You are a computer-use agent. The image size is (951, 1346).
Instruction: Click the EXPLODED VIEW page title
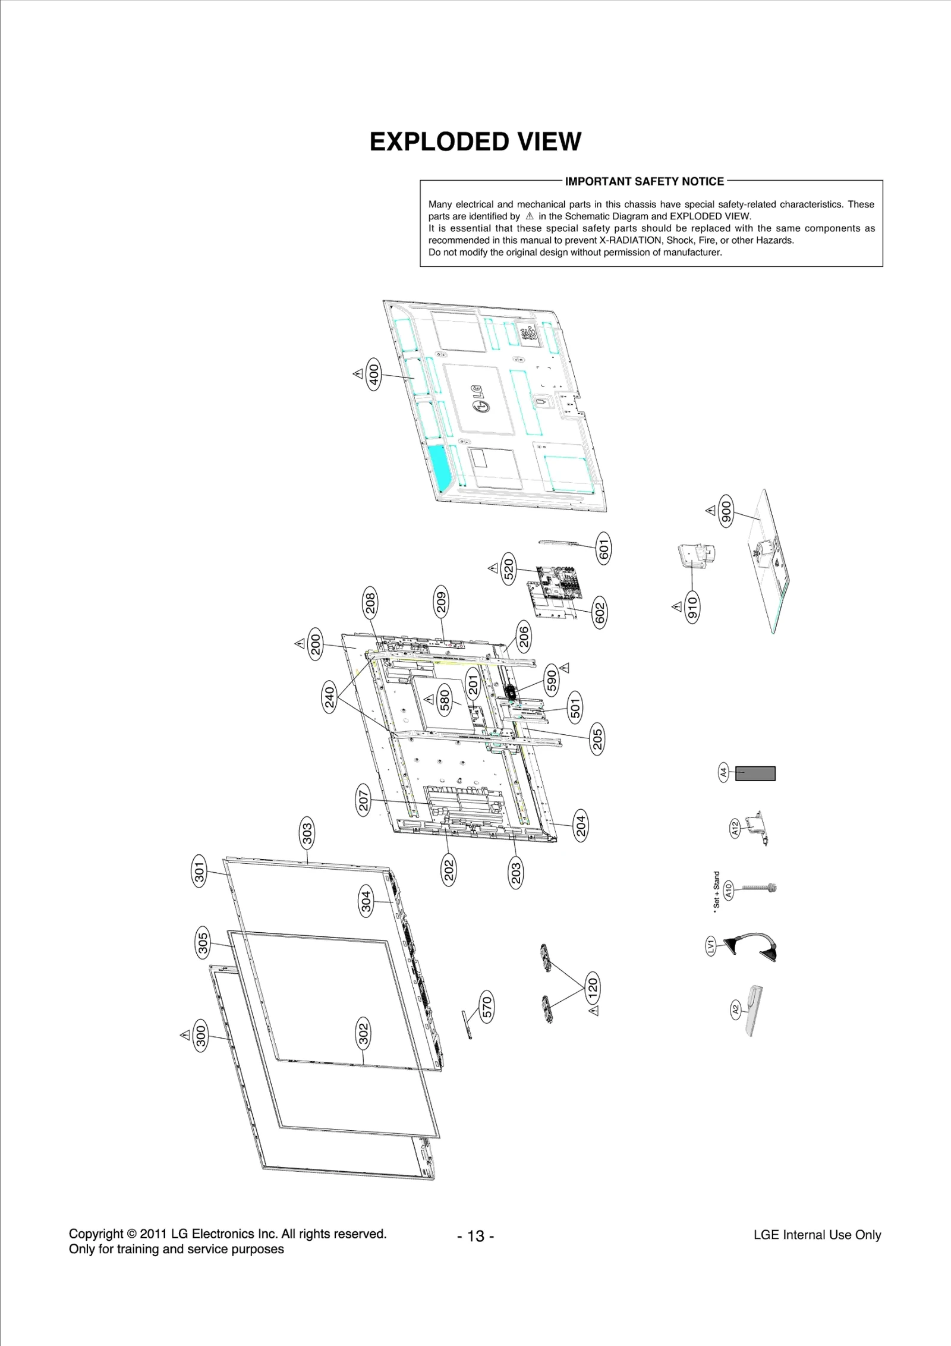[475, 142]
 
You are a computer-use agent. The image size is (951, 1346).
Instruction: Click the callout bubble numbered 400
[373, 373]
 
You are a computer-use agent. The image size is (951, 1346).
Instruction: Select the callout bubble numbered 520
[509, 569]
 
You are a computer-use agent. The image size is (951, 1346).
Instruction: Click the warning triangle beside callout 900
[710, 511]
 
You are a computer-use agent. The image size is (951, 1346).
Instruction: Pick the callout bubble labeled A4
[723, 773]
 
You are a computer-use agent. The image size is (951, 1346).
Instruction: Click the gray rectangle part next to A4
[755, 773]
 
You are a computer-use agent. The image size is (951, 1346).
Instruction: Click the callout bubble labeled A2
[735, 1009]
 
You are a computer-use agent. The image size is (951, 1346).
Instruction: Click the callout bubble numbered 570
[487, 1007]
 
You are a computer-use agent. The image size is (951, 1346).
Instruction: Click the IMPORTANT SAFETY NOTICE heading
[644, 181]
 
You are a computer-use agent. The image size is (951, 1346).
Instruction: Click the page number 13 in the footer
[475, 1236]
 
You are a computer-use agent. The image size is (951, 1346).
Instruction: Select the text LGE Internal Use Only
[817, 1235]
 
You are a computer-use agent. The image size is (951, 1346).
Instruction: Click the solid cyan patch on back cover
[440, 466]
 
